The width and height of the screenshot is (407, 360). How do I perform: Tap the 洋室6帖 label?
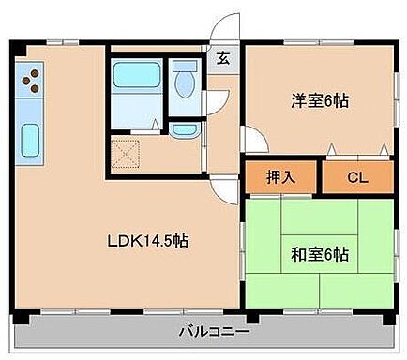click(x=314, y=100)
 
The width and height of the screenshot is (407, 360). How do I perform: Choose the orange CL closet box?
click(x=357, y=176)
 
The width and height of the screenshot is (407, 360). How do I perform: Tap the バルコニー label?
click(x=215, y=331)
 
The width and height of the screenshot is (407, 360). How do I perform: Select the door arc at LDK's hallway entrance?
click(x=220, y=183)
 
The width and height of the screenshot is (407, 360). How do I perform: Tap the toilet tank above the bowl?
click(x=184, y=67)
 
